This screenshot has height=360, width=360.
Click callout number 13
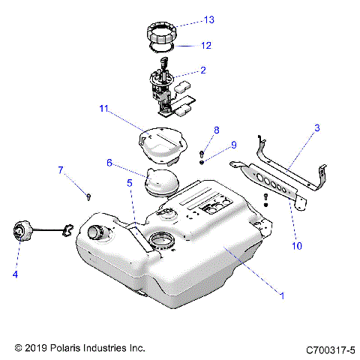click(x=208, y=19)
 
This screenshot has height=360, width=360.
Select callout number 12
click(x=205, y=45)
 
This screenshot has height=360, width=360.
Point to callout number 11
click(x=103, y=109)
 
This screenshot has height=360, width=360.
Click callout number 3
click(x=316, y=129)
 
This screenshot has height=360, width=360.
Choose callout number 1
click(x=282, y=295)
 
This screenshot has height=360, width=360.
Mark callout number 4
click(x=14, y=274)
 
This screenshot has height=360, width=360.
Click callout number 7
click(x=61, y=169)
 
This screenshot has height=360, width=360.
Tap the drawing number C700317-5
click(x=330, y=349)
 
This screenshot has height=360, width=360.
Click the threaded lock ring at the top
click(x=164, y=34)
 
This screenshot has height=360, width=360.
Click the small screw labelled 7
click(x=88, y=196)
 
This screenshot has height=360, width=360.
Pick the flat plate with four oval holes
click(x=270, y=186)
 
